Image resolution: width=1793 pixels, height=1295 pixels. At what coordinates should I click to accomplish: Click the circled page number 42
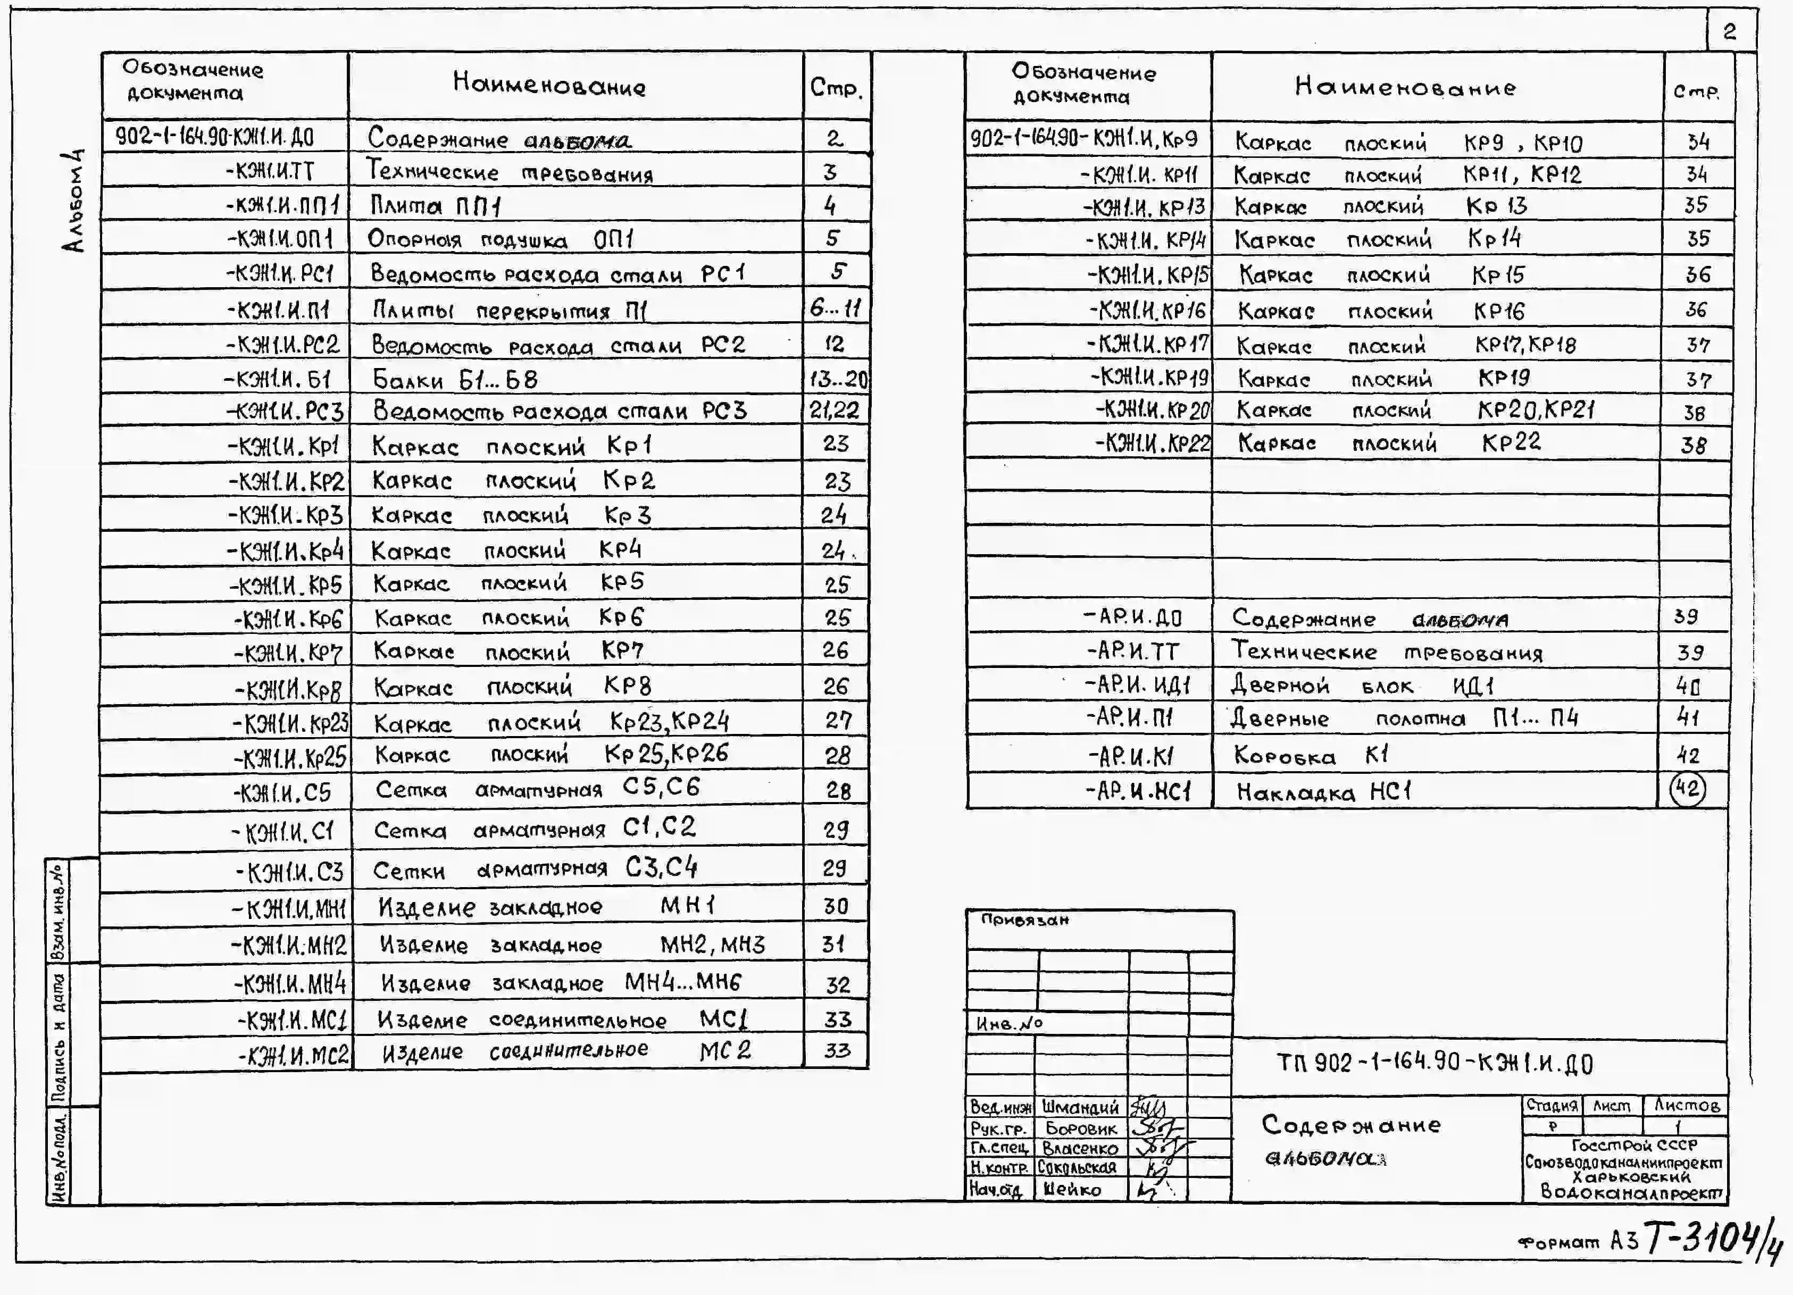pos(1687,789)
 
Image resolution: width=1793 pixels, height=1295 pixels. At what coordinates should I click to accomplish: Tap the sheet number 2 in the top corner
pos(1730,31)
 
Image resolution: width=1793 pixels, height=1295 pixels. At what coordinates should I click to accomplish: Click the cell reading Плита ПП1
pos(436,206)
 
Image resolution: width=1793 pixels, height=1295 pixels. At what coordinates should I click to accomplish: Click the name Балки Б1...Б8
pos(455,380)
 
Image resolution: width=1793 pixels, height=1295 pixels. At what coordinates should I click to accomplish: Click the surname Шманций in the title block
pos(1080,1107)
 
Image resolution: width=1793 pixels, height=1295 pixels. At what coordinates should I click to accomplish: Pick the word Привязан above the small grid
pos(1024,920)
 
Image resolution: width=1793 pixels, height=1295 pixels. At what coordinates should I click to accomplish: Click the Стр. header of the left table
pos(836,87)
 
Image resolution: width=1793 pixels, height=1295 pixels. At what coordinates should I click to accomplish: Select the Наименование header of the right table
pos(1405,87)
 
